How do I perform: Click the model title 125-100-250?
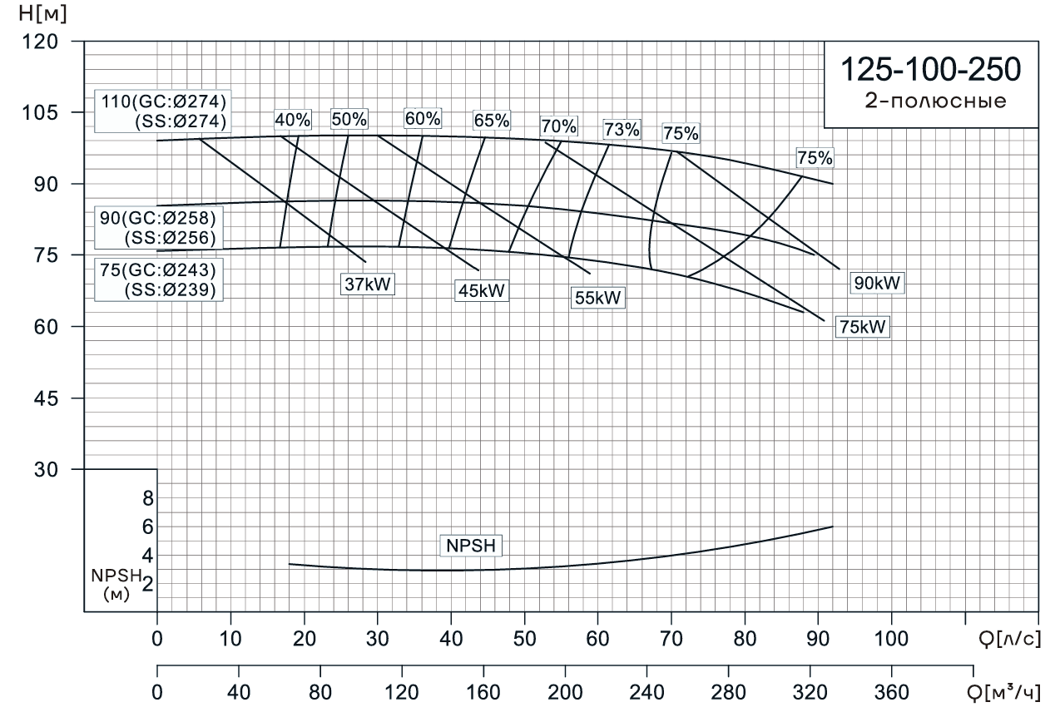tap(930, 70)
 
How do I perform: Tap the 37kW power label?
tap(367, 284)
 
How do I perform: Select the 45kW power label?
tap(482, 291)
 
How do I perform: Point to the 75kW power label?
tap(863, 328)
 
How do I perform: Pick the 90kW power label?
tap(876, 284)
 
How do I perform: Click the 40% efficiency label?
tap(292, 119)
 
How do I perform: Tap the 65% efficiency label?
tap(492, 120)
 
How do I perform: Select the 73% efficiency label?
tap(622, 129)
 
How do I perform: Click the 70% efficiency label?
tap(558, 126)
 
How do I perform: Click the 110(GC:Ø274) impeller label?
tap(164, 101)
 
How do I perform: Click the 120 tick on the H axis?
tap(52, 41)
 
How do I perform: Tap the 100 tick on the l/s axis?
tap(891, 641)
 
